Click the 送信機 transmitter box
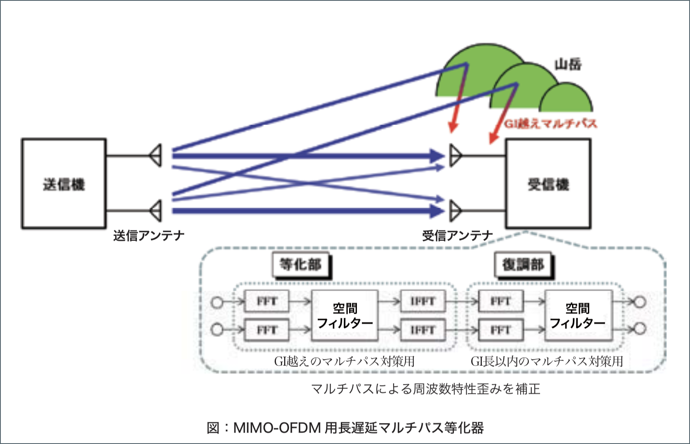64,183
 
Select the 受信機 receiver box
548,183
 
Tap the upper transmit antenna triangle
156,155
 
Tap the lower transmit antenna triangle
156,210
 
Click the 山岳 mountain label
568,65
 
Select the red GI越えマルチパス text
550,124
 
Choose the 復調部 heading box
523,264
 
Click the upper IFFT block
422,301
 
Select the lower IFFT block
422,330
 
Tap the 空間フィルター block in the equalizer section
345,315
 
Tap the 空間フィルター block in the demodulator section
578,315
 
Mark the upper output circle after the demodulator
639,303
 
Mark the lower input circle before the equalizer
217,329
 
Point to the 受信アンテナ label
457,236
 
